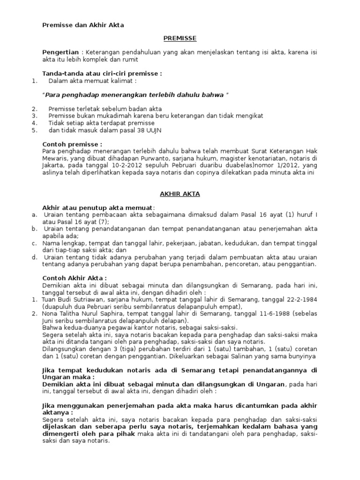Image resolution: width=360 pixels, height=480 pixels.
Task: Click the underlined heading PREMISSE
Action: (x=180, y=38)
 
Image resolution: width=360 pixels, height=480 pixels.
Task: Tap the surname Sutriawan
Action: (x=92, y=300)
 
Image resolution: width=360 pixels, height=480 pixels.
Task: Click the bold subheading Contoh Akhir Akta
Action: (x=75, y=277)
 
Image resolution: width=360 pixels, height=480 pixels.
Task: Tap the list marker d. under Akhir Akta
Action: (x=35, y=257)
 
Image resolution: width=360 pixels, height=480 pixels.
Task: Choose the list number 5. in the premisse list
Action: (x=34, y=130)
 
